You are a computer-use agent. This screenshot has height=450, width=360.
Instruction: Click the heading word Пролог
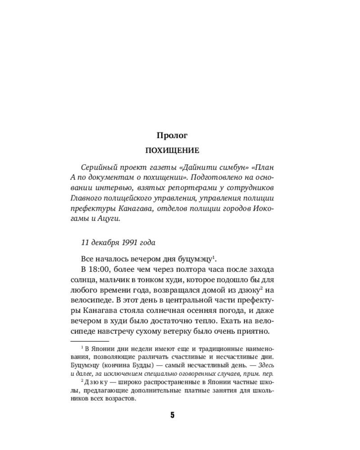click(x=172, y=135)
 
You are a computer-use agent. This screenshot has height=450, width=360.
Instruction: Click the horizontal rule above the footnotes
click(x=90, y=342)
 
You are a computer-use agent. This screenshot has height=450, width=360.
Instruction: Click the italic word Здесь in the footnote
click(x=265, y=364)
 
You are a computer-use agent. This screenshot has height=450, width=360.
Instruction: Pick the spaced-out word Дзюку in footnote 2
click(x=95, y=382)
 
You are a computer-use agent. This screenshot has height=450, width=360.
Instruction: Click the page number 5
click(x=172, y=415)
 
